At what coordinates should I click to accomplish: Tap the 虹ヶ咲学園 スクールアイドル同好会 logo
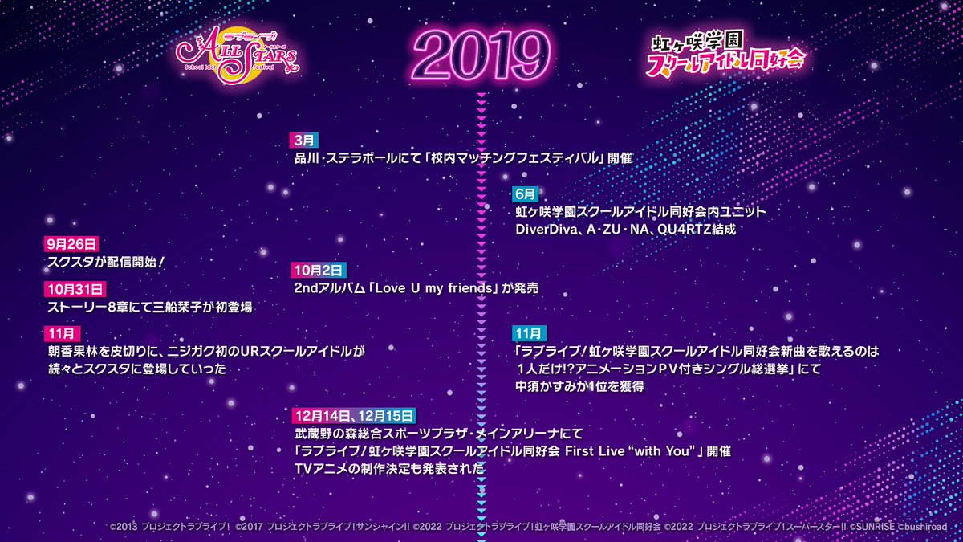(726, 55)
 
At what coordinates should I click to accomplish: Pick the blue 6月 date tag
(526, 194)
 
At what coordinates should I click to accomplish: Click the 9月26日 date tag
(71, 244)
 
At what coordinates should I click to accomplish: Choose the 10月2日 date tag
(319, 270)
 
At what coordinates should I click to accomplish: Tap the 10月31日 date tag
(75, 289)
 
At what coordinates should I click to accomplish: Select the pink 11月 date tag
(60, 332)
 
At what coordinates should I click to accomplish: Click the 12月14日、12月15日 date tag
(354, 415)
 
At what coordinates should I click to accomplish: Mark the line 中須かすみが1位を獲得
(579, 386)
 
